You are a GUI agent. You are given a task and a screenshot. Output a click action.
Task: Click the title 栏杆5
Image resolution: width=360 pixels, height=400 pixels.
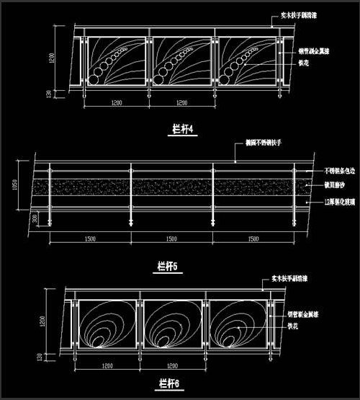click(167, 266)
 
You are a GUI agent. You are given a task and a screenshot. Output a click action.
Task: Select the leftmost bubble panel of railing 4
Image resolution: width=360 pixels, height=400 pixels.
click(114, 61)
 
